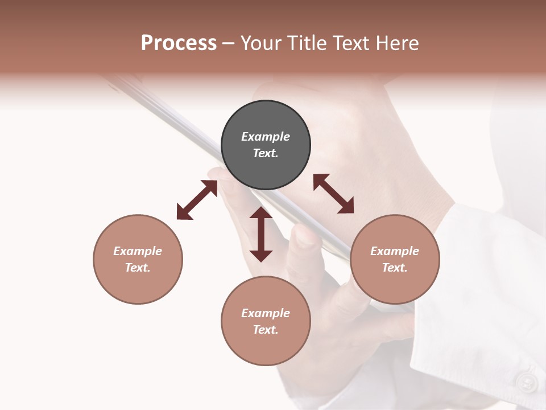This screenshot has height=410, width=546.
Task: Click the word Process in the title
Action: pos(179,43)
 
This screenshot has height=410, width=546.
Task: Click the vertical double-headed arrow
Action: pos(261,234)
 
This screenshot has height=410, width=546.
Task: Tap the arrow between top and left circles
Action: pos(197,200)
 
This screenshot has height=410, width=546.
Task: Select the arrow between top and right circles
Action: pos(334,194)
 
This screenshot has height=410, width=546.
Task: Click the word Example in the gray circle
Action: pos(266,137)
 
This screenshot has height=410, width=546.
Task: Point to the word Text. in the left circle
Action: pos(138,268)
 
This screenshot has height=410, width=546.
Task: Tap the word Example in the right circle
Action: pos(395,251)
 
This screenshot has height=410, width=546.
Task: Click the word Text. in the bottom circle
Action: pos(266,330)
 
